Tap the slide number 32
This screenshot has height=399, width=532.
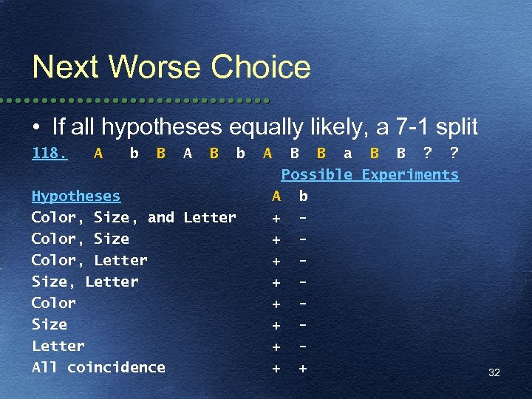click(494, 372)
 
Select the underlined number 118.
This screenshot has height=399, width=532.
click(50, 154)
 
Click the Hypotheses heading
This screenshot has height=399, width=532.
click(76, 196)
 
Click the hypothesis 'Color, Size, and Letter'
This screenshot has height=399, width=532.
click(134, 217)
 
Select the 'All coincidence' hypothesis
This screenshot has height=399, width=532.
click(98, 367)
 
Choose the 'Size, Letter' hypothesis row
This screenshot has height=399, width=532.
click(85, 282)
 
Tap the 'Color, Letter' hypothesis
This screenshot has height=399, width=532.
click(89, 260)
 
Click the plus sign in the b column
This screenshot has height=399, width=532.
click(303, 367)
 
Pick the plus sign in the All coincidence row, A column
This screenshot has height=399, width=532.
click(276, 367)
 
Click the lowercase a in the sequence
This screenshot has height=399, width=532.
click(347, 154)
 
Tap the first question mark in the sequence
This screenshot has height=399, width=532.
click(427, 154)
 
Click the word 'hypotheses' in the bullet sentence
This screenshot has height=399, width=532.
click(163, 127)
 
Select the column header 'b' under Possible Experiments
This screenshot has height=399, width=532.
click(303, 197)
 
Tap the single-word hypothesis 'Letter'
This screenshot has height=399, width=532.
click(58, 346)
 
